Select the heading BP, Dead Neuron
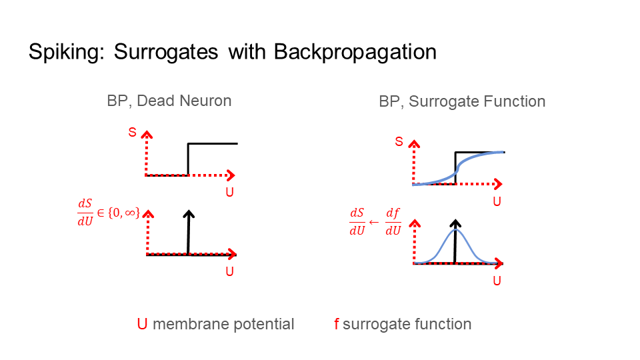tap(169, 101)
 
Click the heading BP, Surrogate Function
tap(462, 101)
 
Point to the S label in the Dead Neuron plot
tap(132, 133)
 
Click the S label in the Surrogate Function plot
tap(399, 141)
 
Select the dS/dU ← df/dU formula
tap(375, 222)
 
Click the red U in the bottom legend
tap(142, 324)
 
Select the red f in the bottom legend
tap(337, 324)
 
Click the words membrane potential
tap(223, 324)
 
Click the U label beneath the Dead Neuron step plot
tap(229, 193)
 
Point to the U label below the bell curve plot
tap(497, 281)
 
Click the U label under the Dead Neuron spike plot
tap(229, 272)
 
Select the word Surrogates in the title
tap(167, 53)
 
